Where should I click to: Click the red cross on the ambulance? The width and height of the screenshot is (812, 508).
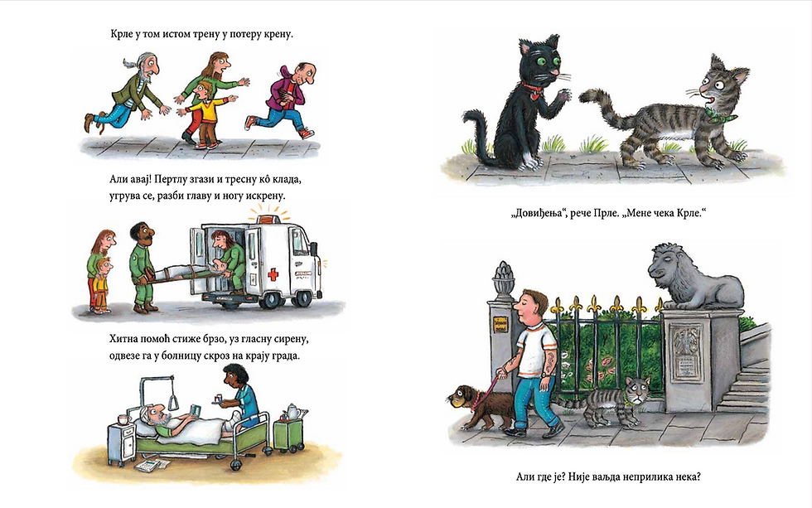tap(273, 274)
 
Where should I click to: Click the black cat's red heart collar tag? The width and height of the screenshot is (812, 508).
tap(534, 96)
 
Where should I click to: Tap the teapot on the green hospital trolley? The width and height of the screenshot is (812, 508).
tap(292, 412)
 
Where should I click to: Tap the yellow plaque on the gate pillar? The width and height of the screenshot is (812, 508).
tap(500, 324)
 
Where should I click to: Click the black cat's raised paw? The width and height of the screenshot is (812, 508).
tap(563, 97)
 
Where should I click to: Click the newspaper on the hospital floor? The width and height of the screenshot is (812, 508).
tap(152, 465)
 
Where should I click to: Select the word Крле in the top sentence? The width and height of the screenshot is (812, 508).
tap(123, 34)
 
